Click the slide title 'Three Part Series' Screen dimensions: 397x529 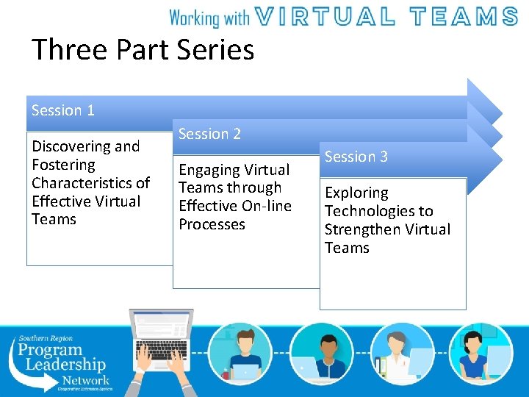[x=143, y=50]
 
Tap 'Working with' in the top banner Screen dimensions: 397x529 [x=209, y=17]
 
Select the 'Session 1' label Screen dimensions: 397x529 [x=63, y=110]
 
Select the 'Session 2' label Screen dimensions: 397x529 [x=209, y=134]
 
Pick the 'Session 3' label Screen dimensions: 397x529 [x=356, y=157]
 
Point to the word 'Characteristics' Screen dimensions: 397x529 [x=90, y=183]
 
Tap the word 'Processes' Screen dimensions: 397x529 [x=212, y=225]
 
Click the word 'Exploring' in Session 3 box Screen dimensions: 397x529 [x=356, y=193]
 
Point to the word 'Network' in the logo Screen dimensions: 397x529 [x=85, y=380]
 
